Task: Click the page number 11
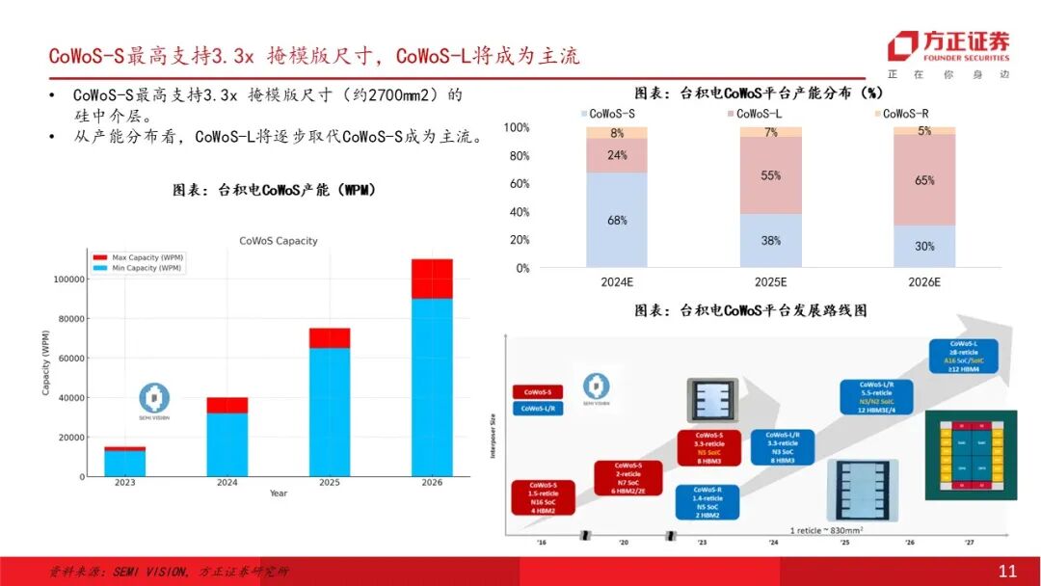(1007, 572)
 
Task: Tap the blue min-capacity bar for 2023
(125, 464)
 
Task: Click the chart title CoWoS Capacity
(278, 241)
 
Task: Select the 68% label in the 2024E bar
(617, 221)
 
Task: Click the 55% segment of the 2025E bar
(770, 175)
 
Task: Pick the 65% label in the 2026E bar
(924, 180)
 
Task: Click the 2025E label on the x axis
(770, 281)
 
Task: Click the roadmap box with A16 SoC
(964, 356)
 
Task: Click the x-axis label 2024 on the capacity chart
(227, 483)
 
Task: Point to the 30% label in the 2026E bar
(924, 246)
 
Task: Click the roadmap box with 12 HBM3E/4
(876, 397)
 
